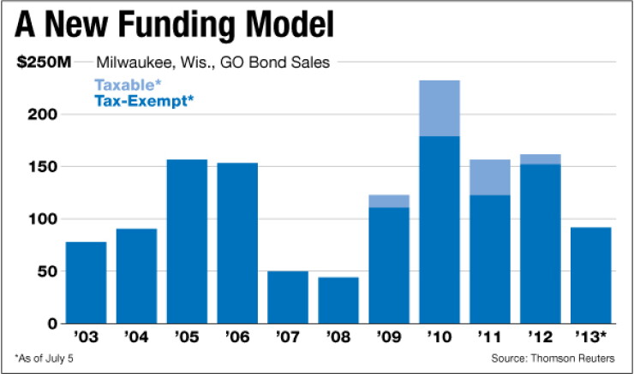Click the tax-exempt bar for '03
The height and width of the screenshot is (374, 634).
87,282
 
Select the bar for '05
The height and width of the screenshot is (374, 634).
187,241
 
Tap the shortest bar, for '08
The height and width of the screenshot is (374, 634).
338,300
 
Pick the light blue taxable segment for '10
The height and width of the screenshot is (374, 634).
440,108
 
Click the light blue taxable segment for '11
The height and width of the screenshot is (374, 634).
490,177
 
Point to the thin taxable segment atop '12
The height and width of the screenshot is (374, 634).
541,159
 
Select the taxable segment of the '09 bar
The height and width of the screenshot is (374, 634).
389,201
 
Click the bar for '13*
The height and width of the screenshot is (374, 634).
591,276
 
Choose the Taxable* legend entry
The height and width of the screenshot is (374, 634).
128,85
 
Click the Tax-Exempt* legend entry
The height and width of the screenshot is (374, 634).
144,101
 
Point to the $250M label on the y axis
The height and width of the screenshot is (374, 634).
44,62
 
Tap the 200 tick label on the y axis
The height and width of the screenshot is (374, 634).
43,115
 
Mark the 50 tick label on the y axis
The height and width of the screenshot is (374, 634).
48,271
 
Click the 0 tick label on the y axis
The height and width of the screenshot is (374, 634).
52,324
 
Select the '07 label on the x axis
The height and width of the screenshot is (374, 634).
288,336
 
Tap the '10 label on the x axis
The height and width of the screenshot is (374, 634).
440,336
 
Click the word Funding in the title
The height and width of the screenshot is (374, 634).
177,25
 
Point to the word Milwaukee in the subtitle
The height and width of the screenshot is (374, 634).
136,62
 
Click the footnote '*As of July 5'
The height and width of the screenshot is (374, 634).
44,359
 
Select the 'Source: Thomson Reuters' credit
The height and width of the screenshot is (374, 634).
553,359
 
